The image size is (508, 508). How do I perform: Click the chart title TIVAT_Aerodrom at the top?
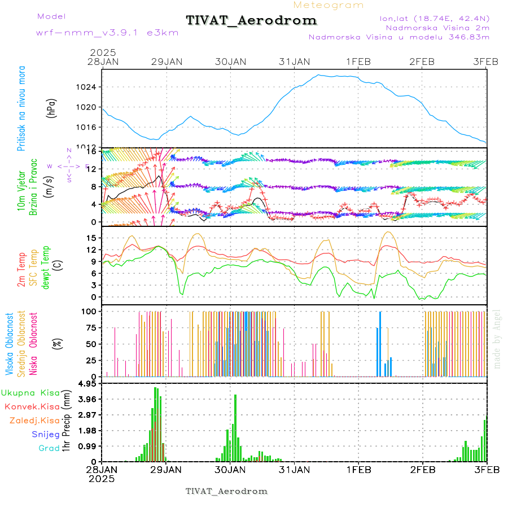251,21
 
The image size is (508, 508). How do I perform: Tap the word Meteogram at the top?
329,5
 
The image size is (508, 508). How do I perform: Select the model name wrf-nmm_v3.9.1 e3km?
91,33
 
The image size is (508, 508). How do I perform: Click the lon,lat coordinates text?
435,17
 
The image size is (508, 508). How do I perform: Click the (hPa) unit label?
52,108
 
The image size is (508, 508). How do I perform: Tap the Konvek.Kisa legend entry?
32,406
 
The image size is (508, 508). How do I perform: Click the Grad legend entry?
49,449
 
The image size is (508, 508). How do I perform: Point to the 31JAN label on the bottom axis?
294,469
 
